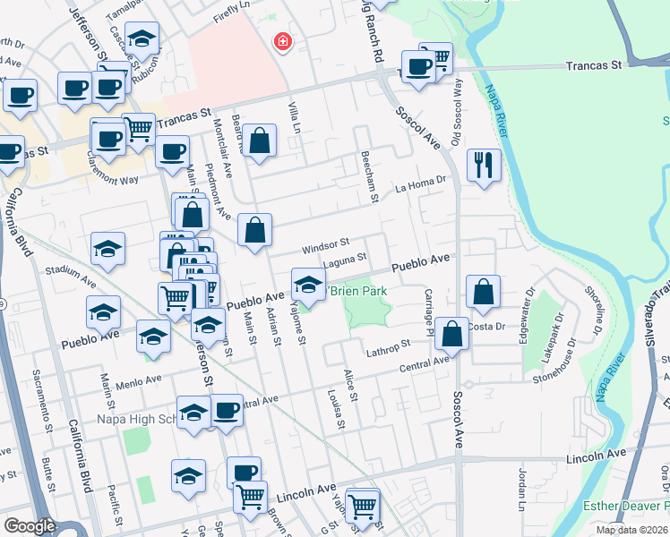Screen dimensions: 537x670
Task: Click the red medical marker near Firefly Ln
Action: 282,40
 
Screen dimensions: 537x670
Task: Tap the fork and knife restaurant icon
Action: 483,166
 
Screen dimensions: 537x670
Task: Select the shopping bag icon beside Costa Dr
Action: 482,292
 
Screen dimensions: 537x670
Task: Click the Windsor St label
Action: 324,243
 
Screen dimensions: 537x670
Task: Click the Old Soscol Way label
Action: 457,107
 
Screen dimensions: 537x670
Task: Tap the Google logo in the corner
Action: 30,526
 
